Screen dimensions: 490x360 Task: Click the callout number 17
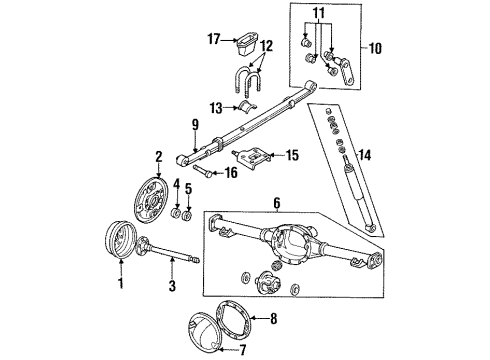pos(214,39)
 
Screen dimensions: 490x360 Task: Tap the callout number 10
pos(375,49)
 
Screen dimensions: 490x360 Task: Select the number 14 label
pos(365,155)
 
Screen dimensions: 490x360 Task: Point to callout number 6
pos(277,203)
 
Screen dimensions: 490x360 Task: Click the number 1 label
pos(121,283)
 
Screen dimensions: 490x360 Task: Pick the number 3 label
pos(172,286)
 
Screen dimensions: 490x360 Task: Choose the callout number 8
pos(273,319)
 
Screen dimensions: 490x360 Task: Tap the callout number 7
pos(243,350)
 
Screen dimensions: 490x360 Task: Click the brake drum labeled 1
pos(119,240)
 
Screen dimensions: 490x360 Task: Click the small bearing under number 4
pos(176,213)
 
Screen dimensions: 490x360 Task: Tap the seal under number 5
pos(188,215)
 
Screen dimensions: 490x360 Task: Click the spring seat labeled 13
pos(247,105)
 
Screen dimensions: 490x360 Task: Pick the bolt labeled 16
pos(202,170)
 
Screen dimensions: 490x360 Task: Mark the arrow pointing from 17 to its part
pos(229,40)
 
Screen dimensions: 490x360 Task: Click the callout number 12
pos(266,46)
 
